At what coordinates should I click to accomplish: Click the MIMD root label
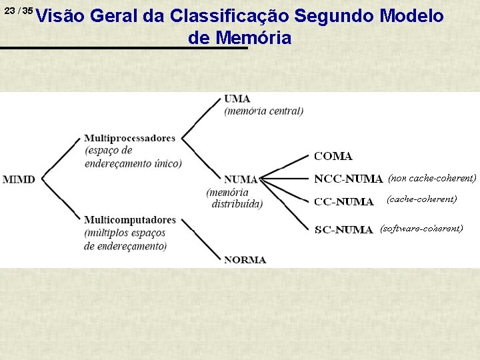coord(19,179)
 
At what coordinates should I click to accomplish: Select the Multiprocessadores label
coord(130,139)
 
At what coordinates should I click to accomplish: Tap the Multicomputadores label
coord(130,220)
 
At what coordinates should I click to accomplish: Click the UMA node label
coord(237,99)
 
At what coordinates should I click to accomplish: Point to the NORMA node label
coord(245,259)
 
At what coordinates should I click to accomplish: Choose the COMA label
coord(333,156)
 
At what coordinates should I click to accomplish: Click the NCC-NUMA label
coord(348,179)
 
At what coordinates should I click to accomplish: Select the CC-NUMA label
coord(343,202)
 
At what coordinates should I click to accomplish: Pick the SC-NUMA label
coord(343,230)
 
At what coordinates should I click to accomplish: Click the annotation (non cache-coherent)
coord(432,178)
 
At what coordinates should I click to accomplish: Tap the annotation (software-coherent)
coord(421,229)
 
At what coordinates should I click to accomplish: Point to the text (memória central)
coord(263,111)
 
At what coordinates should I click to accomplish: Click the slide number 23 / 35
coord(18,11)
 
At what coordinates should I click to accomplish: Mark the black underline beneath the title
coord(123,48)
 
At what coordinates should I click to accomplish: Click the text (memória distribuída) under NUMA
coord(234,198)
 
